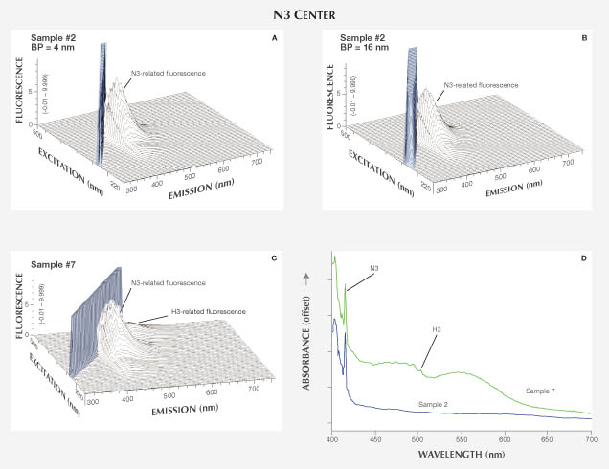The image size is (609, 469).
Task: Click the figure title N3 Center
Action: point(304,13)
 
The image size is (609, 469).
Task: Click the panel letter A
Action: point(276,38)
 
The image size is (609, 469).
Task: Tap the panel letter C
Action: point(276,258)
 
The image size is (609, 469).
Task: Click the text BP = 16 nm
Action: point(364,45)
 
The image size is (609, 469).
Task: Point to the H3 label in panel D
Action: point(437,330)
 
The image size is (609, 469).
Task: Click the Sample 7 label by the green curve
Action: point(543,391)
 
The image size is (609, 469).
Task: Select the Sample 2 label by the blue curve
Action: point(435,405)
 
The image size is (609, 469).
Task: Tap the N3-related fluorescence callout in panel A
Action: point(169,74)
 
